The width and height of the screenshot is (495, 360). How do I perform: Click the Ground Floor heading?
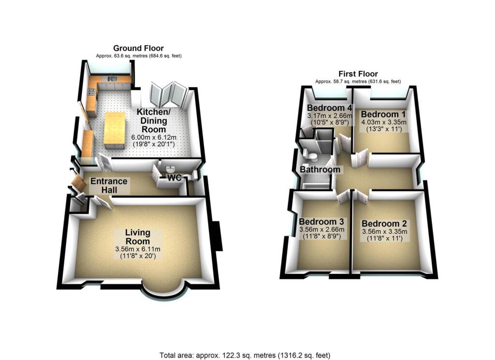(x=138, y=48)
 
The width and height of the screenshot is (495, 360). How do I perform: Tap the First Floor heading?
(x=358, y=74)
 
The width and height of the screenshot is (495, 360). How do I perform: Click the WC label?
(x=174, y=178)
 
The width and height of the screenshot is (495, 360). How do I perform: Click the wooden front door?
(x=77, y=183)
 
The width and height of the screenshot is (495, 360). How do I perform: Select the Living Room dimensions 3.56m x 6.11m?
(x=138, y=249)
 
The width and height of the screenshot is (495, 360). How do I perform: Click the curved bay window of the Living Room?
(x=164, y=290)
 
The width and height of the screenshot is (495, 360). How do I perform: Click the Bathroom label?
(x=320, y=170)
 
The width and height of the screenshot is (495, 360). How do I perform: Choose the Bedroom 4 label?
(x=329, y=107)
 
